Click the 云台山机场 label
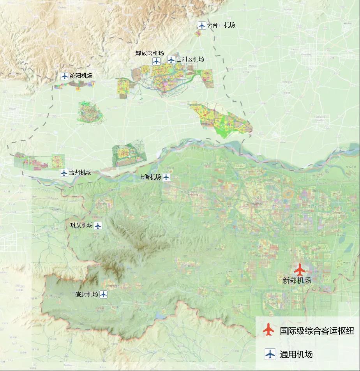point(221,25)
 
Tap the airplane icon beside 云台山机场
point(201,25)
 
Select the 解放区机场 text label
point(150,53)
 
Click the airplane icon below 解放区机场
point(156,61)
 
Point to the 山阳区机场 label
point(190,60)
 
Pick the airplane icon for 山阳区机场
point(171,60)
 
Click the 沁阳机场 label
point(81,76)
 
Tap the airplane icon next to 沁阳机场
point(65,76)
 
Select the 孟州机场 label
point(80,172)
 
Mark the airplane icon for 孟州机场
point(64,172)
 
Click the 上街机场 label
point(150,177)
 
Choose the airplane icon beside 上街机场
point(166,177)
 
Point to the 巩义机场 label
point(81,225)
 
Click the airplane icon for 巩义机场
point(98,225)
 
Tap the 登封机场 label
point(87,294)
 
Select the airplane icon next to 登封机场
point(103,294)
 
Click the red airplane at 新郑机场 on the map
point(299,270)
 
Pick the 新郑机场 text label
point(297,280)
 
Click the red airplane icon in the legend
point(268,330)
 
